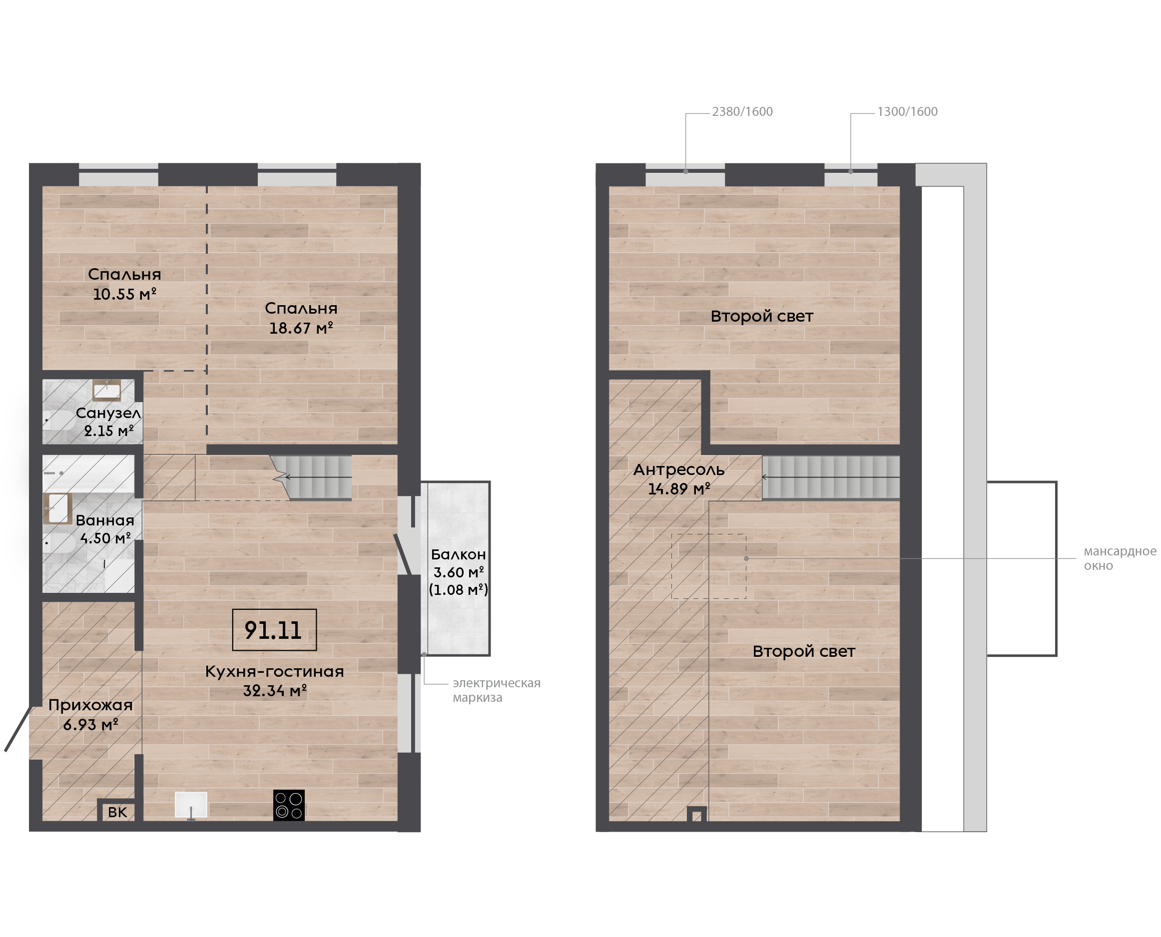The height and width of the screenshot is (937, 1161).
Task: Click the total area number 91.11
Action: click(x=273, y=630)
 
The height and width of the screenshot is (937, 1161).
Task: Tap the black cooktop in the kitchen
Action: click(x=289, y=805)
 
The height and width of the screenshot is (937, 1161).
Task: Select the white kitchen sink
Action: click(x=191, y=805)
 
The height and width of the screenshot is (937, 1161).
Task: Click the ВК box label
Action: click(x=117, y=812)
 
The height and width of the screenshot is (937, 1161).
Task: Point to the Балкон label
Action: click(x=458, y=554)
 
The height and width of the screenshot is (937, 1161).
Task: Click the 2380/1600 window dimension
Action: click(x=742, y=112)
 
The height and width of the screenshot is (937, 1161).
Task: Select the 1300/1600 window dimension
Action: click(x=907, y=112)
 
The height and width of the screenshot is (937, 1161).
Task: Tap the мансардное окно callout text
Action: click(x=1120, y=558)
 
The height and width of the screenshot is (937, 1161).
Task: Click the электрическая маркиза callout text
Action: click(x=497, y=690)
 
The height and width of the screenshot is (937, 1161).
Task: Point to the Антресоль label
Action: click(x=678, y=469)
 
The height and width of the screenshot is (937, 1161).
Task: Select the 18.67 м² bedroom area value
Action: click(x=301, y=328)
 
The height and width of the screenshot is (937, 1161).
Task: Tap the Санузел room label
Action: click(x=108, y=414)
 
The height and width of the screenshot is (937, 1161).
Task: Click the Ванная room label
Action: click(x=105, y=520)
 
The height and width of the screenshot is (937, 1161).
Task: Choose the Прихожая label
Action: click(x=90, y=705)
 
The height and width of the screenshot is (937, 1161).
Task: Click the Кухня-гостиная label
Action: click(x=274, y=671)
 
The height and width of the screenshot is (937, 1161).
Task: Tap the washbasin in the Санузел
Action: click(x=106, y=390)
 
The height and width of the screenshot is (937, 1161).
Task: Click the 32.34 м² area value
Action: click(x=275, y=691)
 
